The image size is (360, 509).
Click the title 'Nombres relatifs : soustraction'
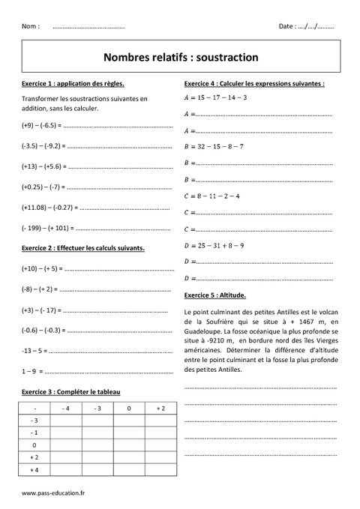click(x=180, y=56)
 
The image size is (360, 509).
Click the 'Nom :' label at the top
click(x=31, y=26)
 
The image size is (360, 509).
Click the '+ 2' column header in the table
click(x=160, y=409)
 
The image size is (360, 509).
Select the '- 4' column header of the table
click(x=65, y=409)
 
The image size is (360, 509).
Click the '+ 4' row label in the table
click(x=34, y=469)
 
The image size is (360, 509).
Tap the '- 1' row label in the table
click(x=34, y=433)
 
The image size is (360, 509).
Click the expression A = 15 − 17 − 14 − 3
click(x=215, y=97)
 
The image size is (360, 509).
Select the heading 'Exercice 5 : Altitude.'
click(x=214, y=295)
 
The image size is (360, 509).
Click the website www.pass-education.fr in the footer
click(x=54, y=493)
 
